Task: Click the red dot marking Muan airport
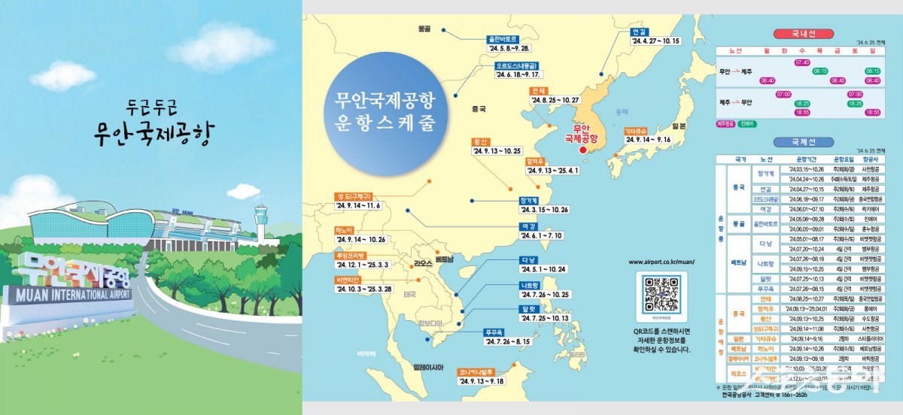point(581,150)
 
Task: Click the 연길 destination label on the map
point(639,32)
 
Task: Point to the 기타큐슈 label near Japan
point(636,130)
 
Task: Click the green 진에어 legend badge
point(746,123)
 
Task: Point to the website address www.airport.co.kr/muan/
point(661,262)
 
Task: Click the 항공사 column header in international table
point(870,159)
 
